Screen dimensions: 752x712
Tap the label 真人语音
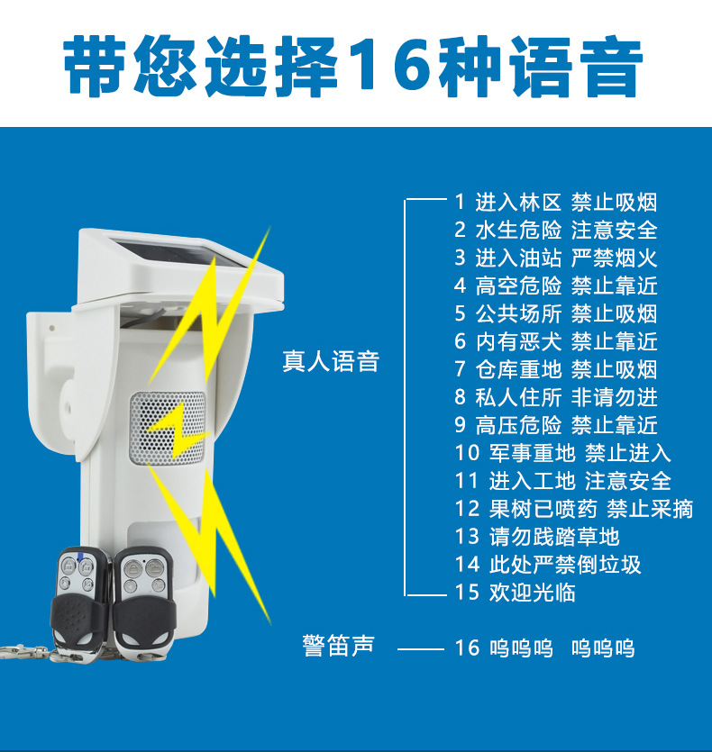(331, 362)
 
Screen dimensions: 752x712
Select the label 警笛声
(338, 646)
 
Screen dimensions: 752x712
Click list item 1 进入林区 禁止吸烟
(555, 203)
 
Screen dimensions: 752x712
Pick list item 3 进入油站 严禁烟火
(555, 258)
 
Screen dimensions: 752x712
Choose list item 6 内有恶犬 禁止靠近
(555, 341)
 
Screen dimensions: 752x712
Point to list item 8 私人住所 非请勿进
(555, 397)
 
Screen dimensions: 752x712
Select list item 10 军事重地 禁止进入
(562, 453)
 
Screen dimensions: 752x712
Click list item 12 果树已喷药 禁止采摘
(573, 509)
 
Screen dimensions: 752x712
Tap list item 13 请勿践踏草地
(537, 537)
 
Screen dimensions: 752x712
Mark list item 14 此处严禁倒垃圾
(548, 565)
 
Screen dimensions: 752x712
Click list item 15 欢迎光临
(515, 593)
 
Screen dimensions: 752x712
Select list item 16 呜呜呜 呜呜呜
(544, 648)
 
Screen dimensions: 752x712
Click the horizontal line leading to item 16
(421, 648)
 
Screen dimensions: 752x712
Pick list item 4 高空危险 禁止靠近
(555, 286)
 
